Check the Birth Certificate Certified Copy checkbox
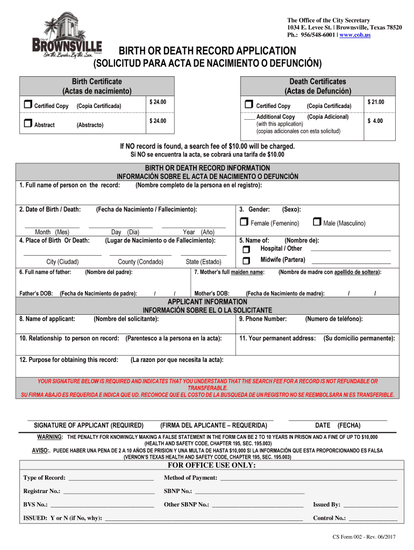point(27,105)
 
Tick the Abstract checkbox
point(27,124)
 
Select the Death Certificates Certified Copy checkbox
point(248,105)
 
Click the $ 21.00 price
point(375,102)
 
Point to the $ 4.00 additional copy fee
point(375,121)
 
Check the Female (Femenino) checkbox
point(244,222)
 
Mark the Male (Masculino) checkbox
point(317,222)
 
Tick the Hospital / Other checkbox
point(246,250)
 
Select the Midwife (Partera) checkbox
point(246,261)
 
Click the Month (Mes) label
point(52,232)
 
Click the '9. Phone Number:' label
point(263,319)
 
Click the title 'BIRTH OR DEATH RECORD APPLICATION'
point(208,51)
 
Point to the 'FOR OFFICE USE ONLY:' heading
point(212,465)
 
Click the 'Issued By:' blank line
point(370,505)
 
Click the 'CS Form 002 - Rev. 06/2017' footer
point(364,537)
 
